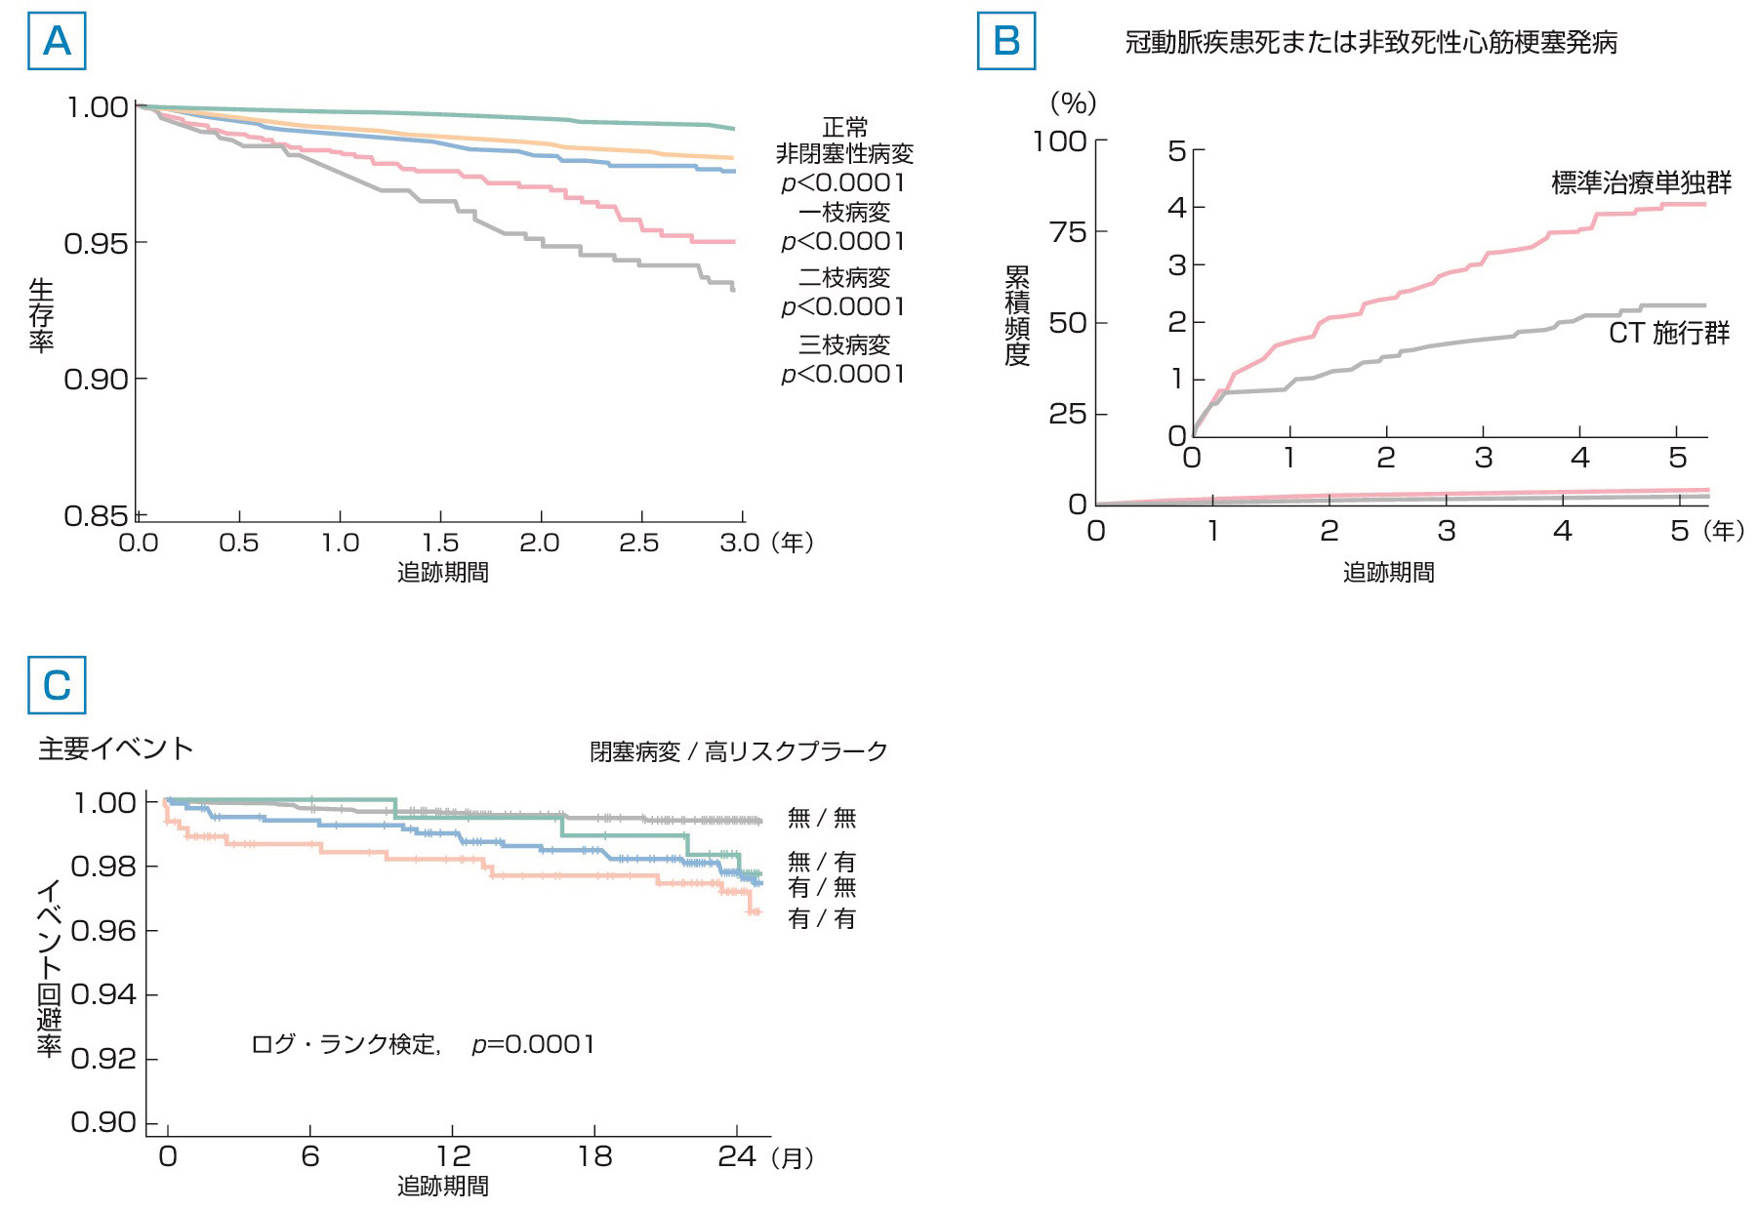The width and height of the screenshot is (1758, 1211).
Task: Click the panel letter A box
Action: (57, 41)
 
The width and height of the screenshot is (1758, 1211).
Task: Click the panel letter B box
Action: (1005, 41)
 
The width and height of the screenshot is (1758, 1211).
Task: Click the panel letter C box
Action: (57, 685)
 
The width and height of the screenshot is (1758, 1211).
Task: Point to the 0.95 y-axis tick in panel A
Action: (96, 243)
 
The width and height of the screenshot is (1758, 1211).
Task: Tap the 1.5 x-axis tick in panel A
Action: (440, 543)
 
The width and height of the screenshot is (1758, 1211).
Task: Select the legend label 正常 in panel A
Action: (844, 127)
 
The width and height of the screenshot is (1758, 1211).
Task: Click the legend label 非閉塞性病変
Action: (844, 154)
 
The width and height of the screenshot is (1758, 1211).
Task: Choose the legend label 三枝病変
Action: (844, 345)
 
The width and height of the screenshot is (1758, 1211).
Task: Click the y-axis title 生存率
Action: (41, 314)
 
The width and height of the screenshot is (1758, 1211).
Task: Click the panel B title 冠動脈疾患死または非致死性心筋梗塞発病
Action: (1370, 43)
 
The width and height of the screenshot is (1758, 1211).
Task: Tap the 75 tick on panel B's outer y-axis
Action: (1067, 232)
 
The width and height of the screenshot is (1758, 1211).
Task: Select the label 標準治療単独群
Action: (1641, 182)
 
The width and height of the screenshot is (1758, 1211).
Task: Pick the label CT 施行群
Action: (1668, 334)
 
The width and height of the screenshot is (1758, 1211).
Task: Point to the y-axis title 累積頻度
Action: (1017, 315)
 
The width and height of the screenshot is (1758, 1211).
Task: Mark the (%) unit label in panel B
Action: (1073, 102)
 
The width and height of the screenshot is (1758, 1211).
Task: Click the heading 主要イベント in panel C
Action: (116, 748)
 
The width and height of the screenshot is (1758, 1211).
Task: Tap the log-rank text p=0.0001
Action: (533, 1044)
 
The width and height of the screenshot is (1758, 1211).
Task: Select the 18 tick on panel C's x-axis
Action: (594, 1156)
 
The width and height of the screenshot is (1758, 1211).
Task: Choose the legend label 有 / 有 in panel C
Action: (822, 919)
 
